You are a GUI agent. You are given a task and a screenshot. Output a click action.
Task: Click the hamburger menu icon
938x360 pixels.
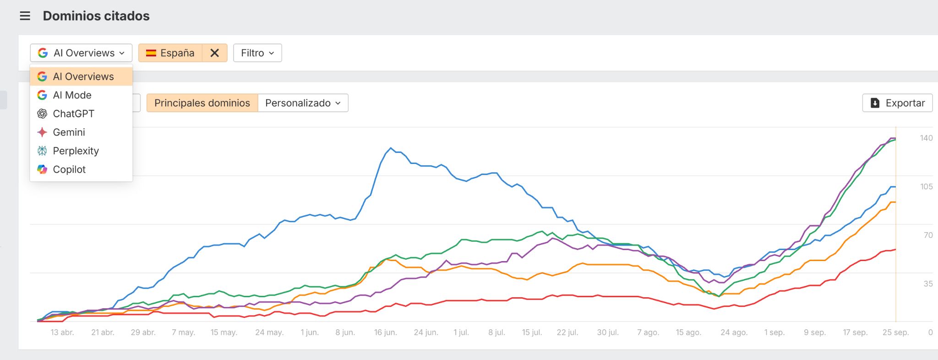tap(25, 16)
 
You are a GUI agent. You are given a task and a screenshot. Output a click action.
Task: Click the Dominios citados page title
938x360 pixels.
tap(96, 16)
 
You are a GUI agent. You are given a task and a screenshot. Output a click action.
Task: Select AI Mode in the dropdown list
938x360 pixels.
tap(72, 95)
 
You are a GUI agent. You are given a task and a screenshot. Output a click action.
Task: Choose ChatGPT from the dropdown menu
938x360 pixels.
tap(73, 114)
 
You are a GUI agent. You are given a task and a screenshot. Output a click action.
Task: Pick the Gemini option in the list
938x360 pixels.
tap(69, 132)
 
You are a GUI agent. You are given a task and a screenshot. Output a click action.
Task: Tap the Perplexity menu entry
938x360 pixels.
tap(76, 151)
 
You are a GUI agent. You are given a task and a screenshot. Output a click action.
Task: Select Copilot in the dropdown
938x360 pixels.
tap(69, 169)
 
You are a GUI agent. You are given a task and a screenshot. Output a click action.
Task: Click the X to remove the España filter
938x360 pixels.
tap(214, 53)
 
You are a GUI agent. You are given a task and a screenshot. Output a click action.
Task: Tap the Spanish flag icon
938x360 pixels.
tap(151, 53)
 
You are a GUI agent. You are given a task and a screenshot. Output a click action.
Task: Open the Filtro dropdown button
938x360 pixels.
tap(257, 53)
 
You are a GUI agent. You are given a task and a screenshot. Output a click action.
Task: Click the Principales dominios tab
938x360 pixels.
tap(202, 103)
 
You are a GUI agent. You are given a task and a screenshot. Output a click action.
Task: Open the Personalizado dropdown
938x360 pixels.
tap(303, 103)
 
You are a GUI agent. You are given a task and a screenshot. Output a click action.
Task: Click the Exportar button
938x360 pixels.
tap(897, 103)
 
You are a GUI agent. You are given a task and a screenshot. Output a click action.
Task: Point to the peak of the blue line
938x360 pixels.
tap(390, 148)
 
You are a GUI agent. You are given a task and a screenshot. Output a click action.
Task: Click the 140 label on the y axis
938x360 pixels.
tap(926, 138)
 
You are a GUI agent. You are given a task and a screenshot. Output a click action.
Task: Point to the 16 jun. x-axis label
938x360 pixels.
tap(385, 333)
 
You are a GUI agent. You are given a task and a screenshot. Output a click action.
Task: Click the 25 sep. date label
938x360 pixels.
tap(895, 333)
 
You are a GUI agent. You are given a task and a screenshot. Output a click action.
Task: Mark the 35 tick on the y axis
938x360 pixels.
tap(928, 284)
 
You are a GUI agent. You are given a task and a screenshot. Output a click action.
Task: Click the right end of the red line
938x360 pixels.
tap(895, 250)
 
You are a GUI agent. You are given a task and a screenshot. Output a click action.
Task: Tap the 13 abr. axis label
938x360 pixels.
tap(62, 333)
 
